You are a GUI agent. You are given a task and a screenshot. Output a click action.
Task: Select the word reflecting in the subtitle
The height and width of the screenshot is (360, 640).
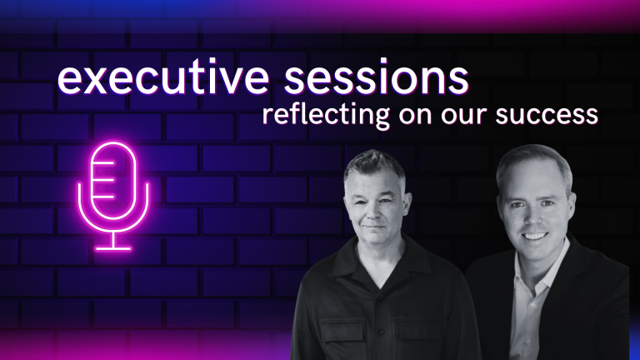326,116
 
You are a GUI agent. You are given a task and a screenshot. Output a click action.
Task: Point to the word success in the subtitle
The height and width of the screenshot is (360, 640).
547,116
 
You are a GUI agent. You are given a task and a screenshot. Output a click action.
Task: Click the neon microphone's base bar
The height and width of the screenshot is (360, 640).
113,248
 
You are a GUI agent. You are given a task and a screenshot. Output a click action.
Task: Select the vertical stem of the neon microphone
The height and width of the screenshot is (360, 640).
113,239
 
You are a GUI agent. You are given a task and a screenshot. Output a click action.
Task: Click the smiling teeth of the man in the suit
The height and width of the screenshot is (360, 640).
535,237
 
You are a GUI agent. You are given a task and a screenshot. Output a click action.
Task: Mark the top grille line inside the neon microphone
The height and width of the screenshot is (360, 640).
103,162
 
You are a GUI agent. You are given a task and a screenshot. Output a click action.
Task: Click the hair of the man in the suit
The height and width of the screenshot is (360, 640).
535,161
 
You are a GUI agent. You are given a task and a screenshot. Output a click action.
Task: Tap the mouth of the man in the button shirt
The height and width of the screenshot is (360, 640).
374,227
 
